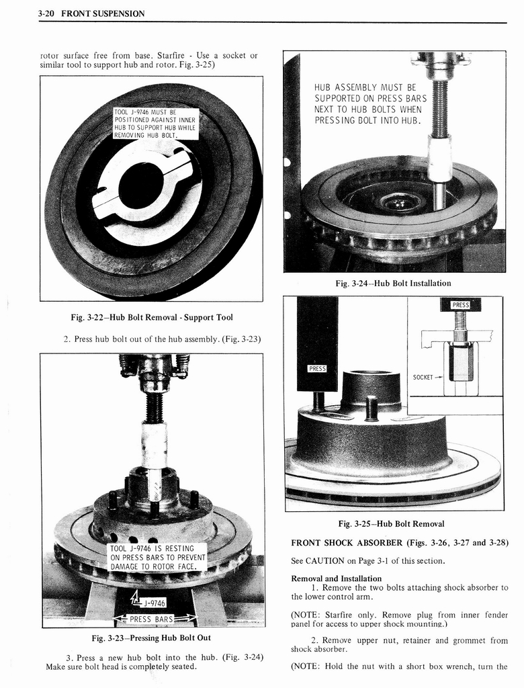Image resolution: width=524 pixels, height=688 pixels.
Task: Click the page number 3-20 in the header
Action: [x=49, y=13]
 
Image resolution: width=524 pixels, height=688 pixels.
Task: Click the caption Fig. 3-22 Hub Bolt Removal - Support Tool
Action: [x=151, y=317]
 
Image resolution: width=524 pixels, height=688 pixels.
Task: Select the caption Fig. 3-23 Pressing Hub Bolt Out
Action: [x=151, y=638]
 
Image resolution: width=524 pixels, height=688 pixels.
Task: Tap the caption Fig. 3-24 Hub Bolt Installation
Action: [x=393, y=284]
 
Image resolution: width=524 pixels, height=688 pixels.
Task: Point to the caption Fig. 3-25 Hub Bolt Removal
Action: [x=390, y=524]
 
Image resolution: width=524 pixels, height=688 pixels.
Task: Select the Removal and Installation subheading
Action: [x=336, y=578]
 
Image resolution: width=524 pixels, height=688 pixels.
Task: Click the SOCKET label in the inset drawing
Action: [x=424, y=378]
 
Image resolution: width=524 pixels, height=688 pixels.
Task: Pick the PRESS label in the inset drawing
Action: [x=460, y=305]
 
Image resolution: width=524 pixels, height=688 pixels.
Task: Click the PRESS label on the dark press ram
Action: [x=317, y=368]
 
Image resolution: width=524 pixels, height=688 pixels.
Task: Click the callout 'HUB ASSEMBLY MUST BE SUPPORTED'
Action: [x=370, y=104]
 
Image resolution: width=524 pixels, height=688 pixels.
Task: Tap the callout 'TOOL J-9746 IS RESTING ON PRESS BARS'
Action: [x=157, y=558]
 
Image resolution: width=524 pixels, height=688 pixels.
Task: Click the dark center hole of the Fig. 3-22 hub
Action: [x=140, y=185]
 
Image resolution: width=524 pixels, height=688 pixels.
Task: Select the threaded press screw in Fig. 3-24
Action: [x=439, y=107]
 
